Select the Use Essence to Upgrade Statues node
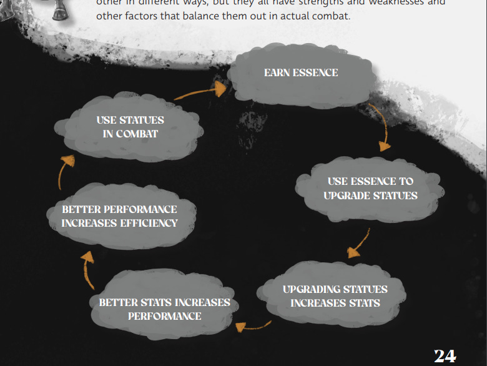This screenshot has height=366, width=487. click(370, 189)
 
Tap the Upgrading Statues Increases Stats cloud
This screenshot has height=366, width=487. click(335, 296)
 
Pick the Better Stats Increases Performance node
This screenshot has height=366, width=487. click(164, 309)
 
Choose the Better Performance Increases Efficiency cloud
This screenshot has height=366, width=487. click(119, 216)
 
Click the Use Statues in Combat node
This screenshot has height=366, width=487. click(130, 127)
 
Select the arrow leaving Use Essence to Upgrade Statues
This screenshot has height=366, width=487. click(358, 244)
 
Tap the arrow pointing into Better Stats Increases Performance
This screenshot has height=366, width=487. click(253, 325)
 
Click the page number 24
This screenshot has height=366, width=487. click(445, 355)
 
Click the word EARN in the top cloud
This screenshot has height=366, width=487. click(276, 72)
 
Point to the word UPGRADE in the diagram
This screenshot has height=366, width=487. click(348, 195)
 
